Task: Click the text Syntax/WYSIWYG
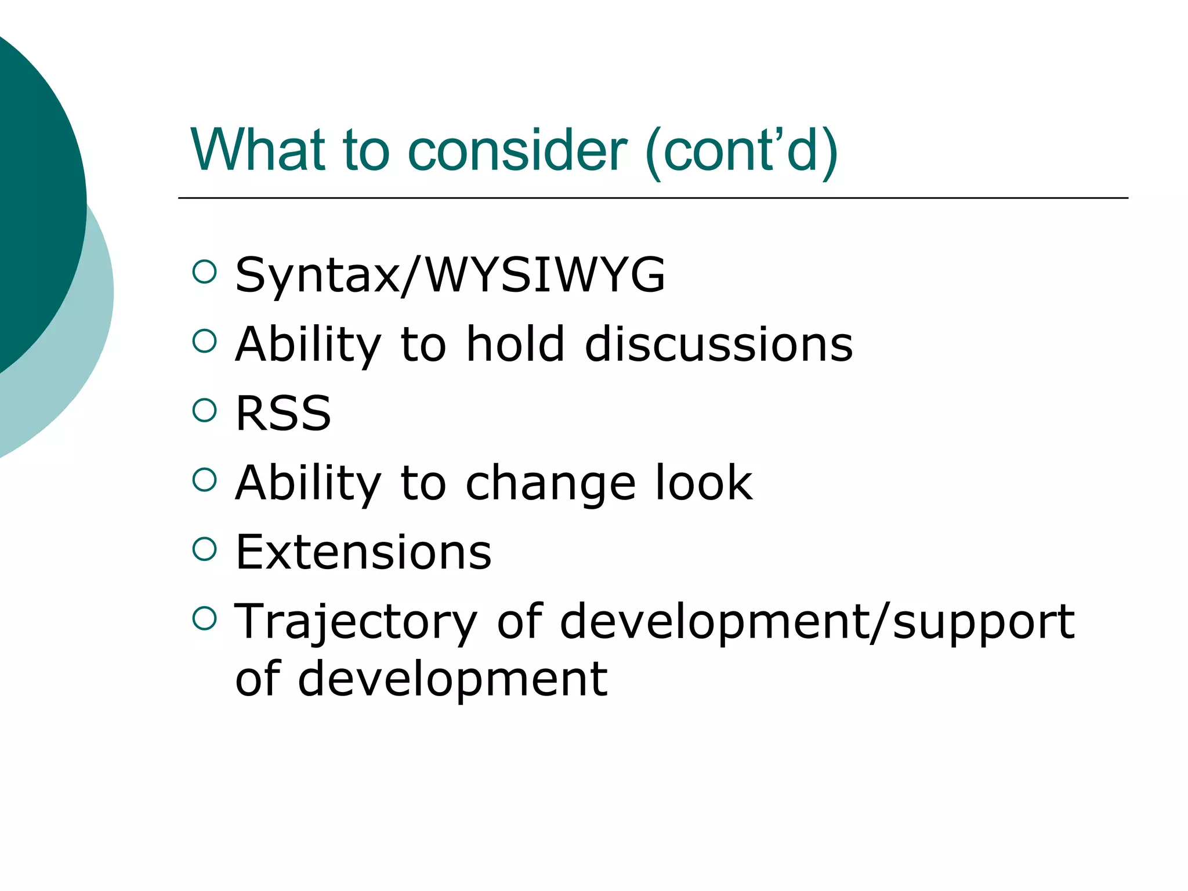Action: [x=450, y=275]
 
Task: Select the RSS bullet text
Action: [x=283, y=413]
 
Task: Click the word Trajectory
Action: [x=356, y=622]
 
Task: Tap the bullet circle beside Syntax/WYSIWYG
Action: [x=204, y=271]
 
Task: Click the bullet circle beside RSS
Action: [x=204, y=410]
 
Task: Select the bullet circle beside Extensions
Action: [x=204, y=549]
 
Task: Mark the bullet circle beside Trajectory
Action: [x=204, y=618]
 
